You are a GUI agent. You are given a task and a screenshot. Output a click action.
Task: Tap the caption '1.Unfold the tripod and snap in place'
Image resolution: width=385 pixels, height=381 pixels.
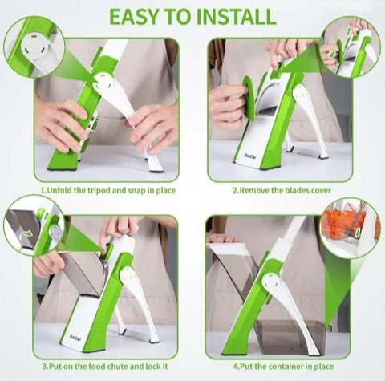click(107, 191)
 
